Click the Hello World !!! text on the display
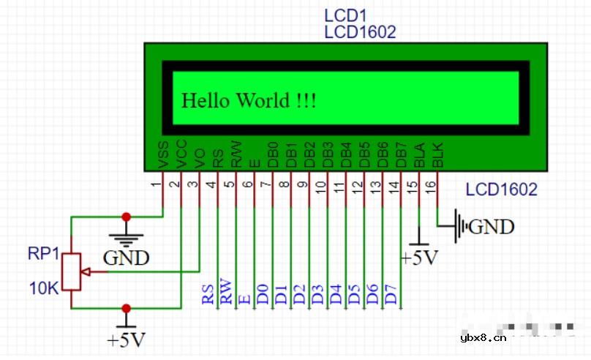[x=249, y=100]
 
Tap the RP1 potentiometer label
[x=43, y=254]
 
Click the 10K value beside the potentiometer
[x=43, y=288]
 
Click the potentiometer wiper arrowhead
[x=84, y=272]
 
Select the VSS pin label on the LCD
[x=163, y=155]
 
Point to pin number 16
[x=432, y=187]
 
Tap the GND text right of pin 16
[x=492, y=227]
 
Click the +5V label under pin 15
[x=419, y=257]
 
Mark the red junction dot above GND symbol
[x=126, y=217]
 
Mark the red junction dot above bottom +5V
[x=126, y=308]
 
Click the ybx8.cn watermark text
[x=483, y=337]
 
